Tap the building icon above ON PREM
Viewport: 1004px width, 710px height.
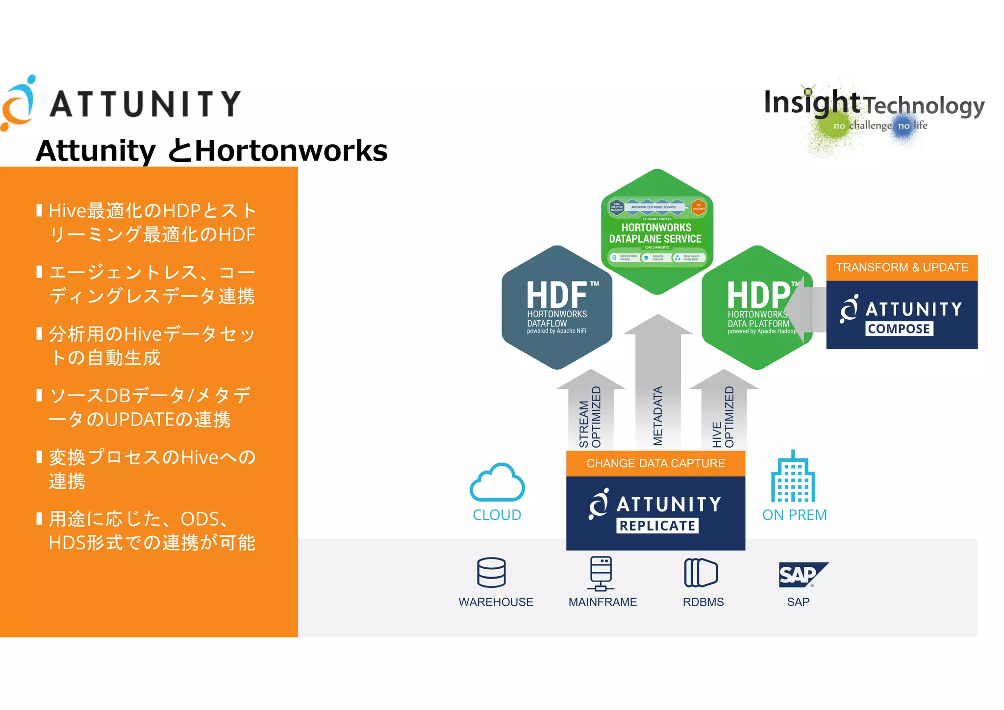pyautogui.click(x=793, y=477)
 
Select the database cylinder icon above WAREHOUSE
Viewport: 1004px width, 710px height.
pyautogui.click(x=491, y=572)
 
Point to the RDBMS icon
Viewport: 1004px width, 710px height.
pyautogui.click(x=701, y=573)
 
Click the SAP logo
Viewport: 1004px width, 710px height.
pyautogui.click(x=803, y=575)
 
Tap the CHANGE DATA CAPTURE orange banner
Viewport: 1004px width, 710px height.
pyautogui.click(x=655, y=463)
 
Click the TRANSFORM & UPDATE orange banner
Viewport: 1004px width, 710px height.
pyautogui.click(x=902, y=268)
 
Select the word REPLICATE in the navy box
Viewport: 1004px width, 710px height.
pyautogui.click(x=657, y=526)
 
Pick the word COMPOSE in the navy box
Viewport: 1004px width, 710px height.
pyautogui.click(x=899, y=329)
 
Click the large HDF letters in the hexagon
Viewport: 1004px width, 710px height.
pyautogui.click(x=557, y=295)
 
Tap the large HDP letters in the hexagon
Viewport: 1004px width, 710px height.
pyautogui.click(x=758, y=295)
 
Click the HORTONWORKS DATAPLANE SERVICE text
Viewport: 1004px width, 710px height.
pyautogui.click(x=656, y=233)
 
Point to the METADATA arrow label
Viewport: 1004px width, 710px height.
pyautogui.click(x=658, y=415)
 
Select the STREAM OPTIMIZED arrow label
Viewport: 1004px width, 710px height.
pyautogui.click(x=590, y=417)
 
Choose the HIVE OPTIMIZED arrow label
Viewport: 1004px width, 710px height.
pyautogui.click(x=723, y=417)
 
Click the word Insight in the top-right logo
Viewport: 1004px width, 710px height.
pyautogui.click(x=811, y=103)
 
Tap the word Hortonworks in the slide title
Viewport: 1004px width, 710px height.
pyautogui.click(x=291, y=151)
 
